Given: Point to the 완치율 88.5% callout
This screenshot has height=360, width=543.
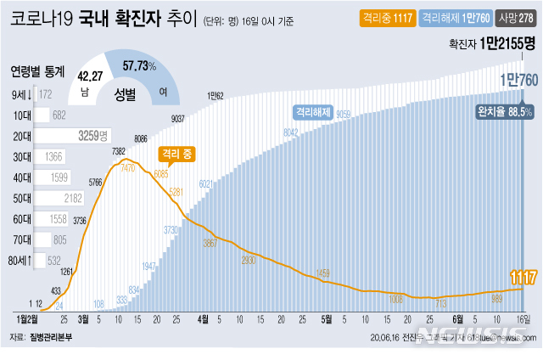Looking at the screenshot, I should tap(504, 111).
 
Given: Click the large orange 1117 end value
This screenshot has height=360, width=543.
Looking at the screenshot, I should tap(519, 276).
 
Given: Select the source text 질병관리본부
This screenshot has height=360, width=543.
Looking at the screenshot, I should tap(53, 337).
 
